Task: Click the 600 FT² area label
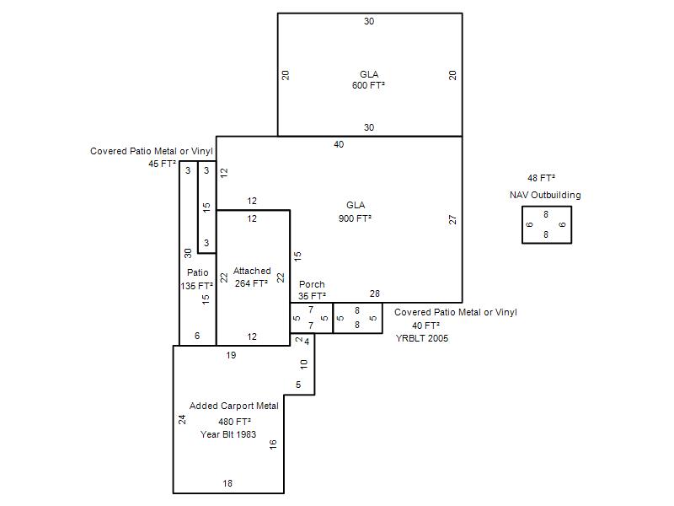pyautogui.click(x=368, y=85)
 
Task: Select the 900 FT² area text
pyautogui.click(x=355, y=218)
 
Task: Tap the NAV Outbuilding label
pyautogui.click(x=545, y=195)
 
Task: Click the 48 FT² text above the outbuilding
pyautogui.click(x=541, y=178)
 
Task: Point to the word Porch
pyautogui.click(x=312, y=284)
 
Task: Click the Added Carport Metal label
pyautogui.click(x=234, y=406)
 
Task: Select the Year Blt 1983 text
pyautogui.click(x=228, y=434)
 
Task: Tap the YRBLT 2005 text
pyautogui.click(x=422, y=338)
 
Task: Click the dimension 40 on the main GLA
pyautogui.click(x=339, y=144)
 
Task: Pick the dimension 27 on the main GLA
pyautogui.click(x=452, y=219)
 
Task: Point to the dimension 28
pyautogui.click(x=375, y=293)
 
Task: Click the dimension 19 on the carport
pyautogui.click(x=231, y=355)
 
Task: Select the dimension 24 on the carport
pyautogui.click(x=182, y=419)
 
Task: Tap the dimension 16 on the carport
pyautogui.click(x=273, y=444)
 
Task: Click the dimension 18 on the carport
pyautogui.click(x=227, y=483)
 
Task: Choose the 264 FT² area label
pyautogui.click(x=251, y=283)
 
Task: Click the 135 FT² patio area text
pyautogui.click(x=197, y=286)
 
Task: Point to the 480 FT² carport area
pyautogui.click(x=234, y=422)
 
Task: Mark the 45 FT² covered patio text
pyautogui.click(x=162, y=164)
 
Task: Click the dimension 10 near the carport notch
pyautogui.click(x=304, y=364)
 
